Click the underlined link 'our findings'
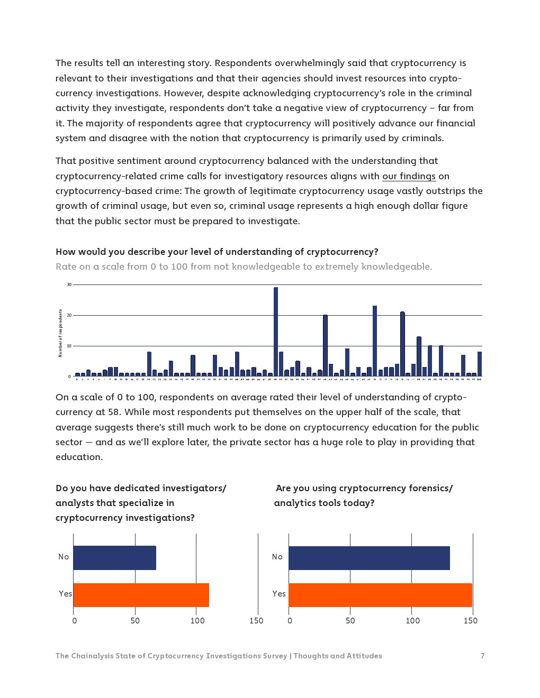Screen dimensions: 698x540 click(x=409, y=176)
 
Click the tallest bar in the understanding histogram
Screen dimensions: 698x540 click(x=276, y=332)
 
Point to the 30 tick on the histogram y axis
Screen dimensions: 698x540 click(x=69, y=285)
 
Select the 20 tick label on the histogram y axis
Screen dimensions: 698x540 click(x=69, y=316)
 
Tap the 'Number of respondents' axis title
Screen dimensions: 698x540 click(x=60, y=333)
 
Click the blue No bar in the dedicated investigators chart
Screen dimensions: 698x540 click(x=114, y=558)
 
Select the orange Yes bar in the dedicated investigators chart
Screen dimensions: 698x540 click(x=141, y=595)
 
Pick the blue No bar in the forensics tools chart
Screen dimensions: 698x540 click(x=369, y=558)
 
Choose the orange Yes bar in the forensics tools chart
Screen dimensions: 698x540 click(x=380, y=595)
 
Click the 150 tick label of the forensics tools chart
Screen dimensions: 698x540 click(x=470, y=621)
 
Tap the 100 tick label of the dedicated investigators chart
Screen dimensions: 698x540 click(x=197, y=621)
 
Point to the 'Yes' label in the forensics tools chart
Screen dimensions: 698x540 click(x=279, y=594)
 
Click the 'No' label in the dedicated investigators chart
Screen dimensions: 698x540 click(x=64, y=557)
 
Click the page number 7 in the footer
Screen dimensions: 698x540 click(x=482, y=656)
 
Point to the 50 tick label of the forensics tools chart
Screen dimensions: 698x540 click(x=350, y=621)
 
